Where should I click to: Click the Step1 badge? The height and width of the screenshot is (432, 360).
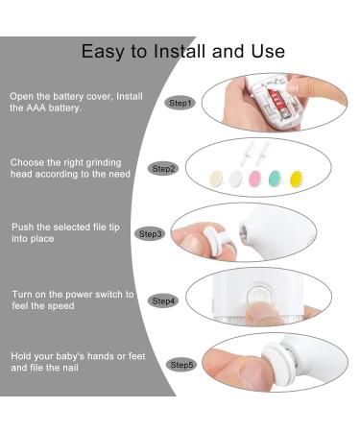tap(180, 103)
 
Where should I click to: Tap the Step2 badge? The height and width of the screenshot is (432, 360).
tap(163, 169)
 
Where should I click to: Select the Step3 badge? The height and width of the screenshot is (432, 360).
tap(150, 234)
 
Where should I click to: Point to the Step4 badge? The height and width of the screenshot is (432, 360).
tap(163, 300)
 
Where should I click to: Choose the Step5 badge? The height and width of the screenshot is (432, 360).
tap(181, 365)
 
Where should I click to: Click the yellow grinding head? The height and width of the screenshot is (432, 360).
tap(296, 179)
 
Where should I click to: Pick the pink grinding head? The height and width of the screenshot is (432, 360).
tap(255, 179)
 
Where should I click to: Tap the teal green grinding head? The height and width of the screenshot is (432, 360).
tap(276, 179)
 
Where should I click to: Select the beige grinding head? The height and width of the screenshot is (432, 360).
tap(216, 179)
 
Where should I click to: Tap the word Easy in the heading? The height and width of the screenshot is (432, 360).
tap(102, 52)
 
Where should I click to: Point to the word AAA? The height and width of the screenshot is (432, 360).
tap(36, 108)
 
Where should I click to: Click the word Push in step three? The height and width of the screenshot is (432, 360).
tap(23, 228)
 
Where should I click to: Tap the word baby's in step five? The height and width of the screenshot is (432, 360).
tap(70, 356)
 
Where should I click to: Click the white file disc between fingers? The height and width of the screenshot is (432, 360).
tap(214, 240)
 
